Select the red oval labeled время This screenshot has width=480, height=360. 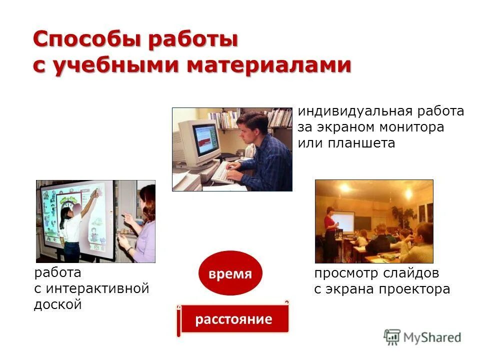tap(230, 273)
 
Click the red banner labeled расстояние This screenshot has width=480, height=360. tap(233, 319)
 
